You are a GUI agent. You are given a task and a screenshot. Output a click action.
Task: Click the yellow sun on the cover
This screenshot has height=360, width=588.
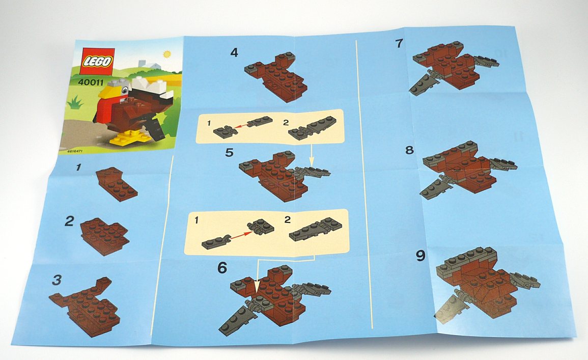[167, 54]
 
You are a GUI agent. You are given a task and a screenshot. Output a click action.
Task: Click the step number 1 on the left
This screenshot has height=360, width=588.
[78, 167]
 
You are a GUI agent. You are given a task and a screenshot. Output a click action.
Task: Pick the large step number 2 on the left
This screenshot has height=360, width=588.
[69, 221]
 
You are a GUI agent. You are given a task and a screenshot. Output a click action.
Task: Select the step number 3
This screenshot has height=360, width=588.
[57, 280]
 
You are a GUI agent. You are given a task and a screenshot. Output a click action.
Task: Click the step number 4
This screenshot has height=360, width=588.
[234, 52]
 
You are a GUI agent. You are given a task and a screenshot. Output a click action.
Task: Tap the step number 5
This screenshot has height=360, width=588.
[229, 153]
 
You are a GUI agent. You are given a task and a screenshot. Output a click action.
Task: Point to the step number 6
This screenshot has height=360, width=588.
[222, 268]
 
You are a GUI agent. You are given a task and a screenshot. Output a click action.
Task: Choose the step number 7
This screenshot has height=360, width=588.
[399, 43]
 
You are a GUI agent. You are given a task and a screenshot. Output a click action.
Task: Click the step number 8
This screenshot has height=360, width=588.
[409, 150]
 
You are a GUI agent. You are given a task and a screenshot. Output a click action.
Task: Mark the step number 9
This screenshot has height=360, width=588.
[421, 256]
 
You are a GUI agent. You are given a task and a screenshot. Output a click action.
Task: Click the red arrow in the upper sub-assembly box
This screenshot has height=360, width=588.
[241, 126]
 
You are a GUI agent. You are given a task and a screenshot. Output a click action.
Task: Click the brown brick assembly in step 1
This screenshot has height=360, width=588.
[117, 184]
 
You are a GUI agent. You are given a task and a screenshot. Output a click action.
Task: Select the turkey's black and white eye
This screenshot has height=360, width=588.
[124, 89]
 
